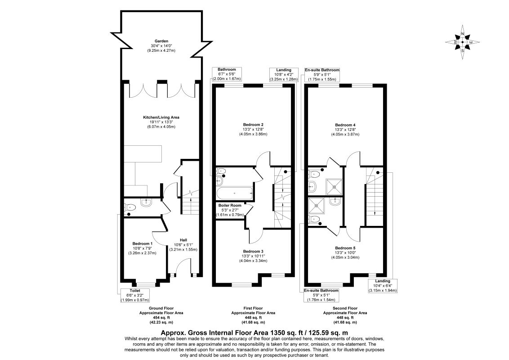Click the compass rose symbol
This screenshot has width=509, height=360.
click(x=462, y=42)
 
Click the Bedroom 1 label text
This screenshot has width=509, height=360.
click(x=142, y=243)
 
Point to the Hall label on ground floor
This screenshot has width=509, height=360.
click(x=183, y=240)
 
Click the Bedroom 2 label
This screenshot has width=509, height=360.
click(x=253, y=125)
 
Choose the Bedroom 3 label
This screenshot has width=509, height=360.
click(x=253, y=251)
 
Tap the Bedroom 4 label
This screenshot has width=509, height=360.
click(x=345, y=125)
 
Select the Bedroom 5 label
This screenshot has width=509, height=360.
click(x=345, y=247)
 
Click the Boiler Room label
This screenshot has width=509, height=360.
click(x=230, y=205)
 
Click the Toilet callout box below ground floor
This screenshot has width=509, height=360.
click(x=134, y=295)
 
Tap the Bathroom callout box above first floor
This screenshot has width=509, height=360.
click(x=227, y=74)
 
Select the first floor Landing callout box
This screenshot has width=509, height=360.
click(x=284, y=74)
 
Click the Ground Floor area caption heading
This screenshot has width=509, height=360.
click(x=161, y=308)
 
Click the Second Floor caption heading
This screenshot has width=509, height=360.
click(x=345, y=308)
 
